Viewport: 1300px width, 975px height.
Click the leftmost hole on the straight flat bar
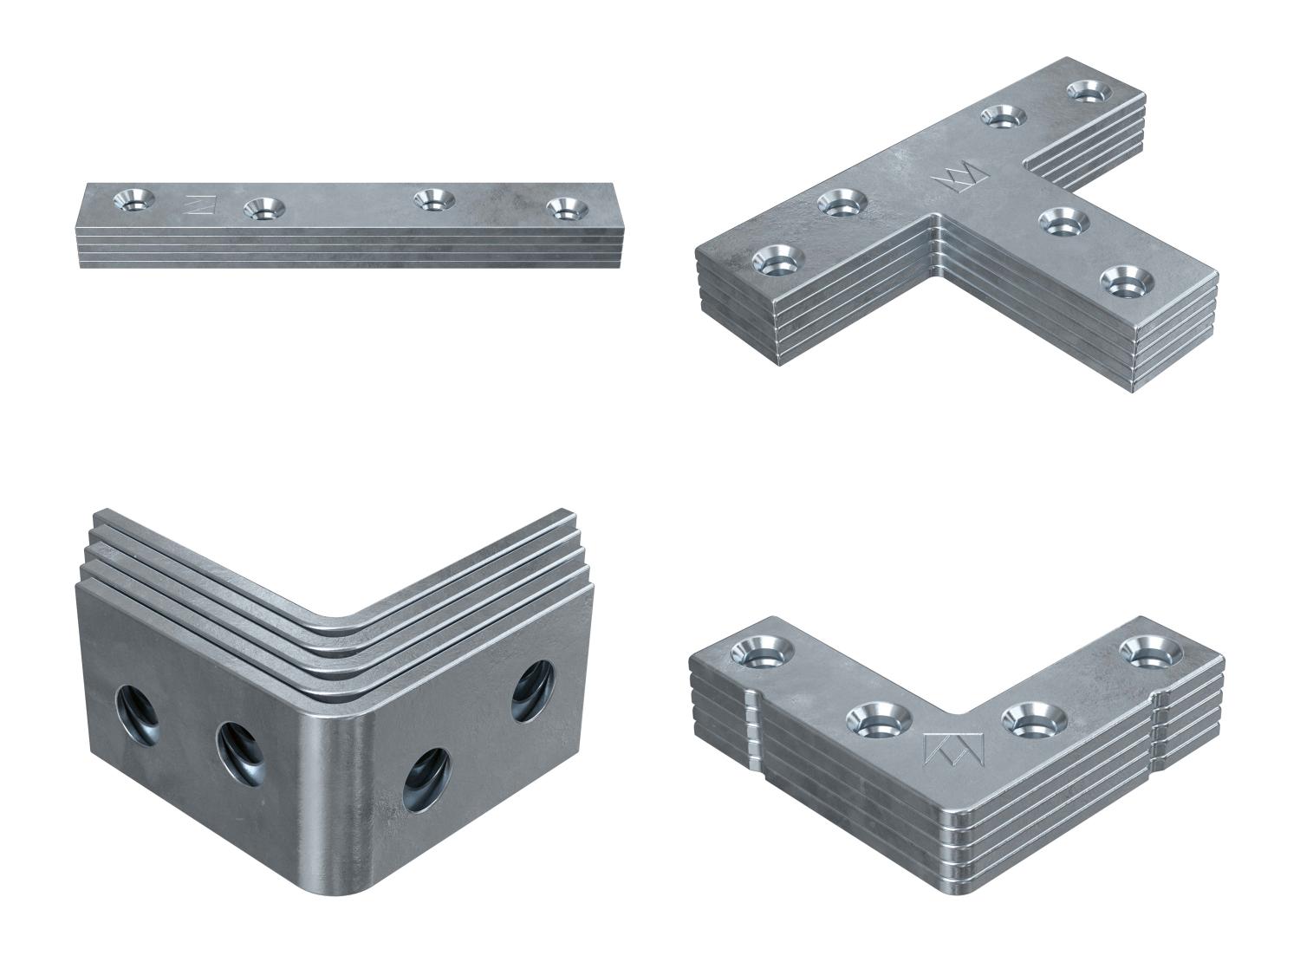134,199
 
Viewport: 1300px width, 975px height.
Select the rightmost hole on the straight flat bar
564,208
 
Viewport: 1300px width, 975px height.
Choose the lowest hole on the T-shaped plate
1124,281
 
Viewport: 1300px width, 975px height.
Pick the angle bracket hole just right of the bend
426,770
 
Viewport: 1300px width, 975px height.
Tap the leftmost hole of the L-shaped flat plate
758,651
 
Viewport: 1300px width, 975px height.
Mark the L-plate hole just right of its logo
1033,716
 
